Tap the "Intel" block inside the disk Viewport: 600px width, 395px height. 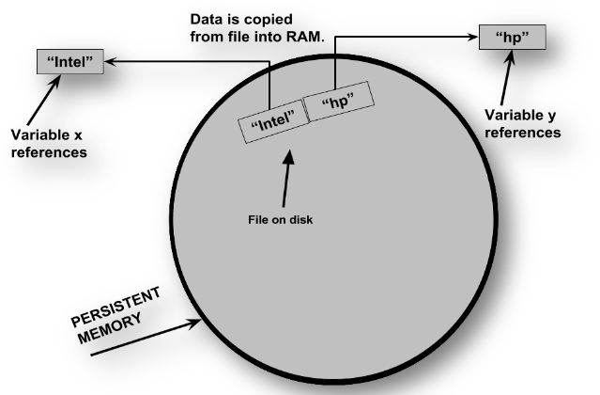click(x=274, y=119)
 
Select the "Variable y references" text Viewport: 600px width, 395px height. click(x=521, y=126)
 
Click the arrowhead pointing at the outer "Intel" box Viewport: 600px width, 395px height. click(x=106, y=63)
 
